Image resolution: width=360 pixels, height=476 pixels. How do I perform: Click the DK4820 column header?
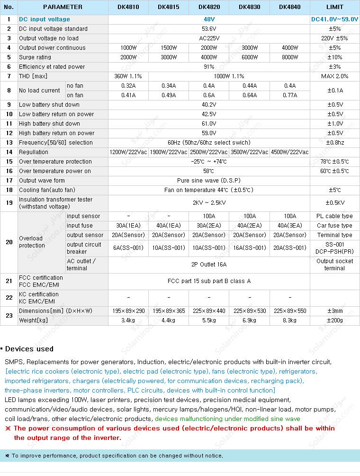pos(209,7)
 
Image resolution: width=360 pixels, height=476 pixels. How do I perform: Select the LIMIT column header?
pos(334,7)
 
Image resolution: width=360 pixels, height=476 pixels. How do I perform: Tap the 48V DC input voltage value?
pos(209,19)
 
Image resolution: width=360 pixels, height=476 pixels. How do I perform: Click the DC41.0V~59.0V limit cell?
pos(334,19)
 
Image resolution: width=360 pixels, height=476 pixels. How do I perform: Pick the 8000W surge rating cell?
pos(290,57)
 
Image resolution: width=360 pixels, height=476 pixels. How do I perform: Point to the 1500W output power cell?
pos(169,48)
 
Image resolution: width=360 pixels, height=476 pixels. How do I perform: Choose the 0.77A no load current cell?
pos(290,95)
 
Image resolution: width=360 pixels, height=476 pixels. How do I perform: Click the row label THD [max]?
pos(33,76)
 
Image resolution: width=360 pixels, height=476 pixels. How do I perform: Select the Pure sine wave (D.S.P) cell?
pos(209,181)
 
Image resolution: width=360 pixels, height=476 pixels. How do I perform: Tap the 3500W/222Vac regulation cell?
pos(249,152)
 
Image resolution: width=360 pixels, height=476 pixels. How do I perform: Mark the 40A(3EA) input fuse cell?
pos(290,226)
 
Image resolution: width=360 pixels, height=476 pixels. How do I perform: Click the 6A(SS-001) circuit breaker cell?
pos(128,248)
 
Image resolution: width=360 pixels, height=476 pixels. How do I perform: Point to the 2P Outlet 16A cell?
pos(209,265)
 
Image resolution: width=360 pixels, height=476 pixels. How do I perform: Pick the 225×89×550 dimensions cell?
pos(290,311)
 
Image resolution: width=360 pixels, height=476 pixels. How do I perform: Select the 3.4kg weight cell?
pos(128,320)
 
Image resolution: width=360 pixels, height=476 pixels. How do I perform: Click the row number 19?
pos(9,203)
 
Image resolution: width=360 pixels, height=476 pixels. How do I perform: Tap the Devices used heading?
pos(29,349)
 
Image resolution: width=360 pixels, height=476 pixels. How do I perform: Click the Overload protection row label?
pos(32,242)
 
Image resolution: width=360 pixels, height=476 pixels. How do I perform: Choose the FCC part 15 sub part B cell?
pos(209,281)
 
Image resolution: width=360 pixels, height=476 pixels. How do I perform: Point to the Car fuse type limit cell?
pos(334,226)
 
